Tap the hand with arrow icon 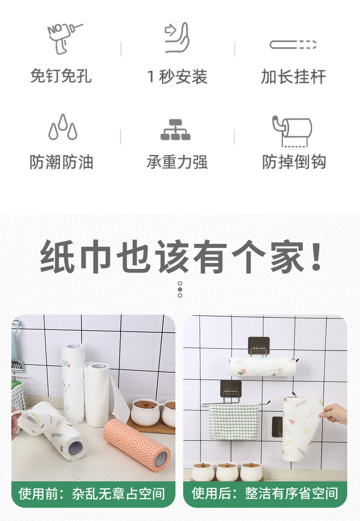[x=177, y=37]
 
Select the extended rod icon [x=293, y=45]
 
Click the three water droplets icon [x=63, y=127]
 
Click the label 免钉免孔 [x=61, y=76]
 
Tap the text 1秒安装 [x=177, y=77]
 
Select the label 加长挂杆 [x=293, y=77]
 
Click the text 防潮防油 [x=62, y=162]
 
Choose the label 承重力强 [x=177, y=162]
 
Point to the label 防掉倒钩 [x=294, y=162]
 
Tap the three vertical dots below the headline [x=180, y=289]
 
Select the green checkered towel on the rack [x=234, y=421]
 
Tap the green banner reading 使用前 [x=93, y=494]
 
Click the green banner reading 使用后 [x=265, y=494]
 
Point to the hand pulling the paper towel [x=334, y=413]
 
